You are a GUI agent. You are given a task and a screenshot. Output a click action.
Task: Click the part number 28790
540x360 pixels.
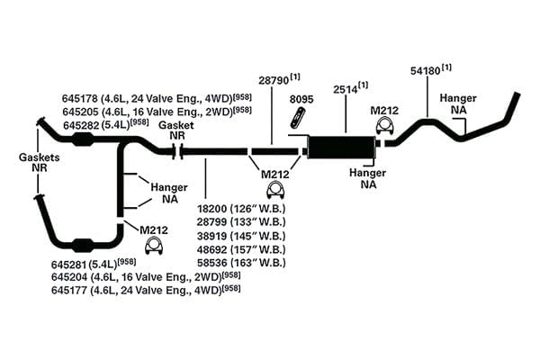point(274,81)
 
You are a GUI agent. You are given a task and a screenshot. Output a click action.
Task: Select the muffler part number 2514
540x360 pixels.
point(345,89)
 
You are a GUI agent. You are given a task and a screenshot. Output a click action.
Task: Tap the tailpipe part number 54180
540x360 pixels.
point(426,71)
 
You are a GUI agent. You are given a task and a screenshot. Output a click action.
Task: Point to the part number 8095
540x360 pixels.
point(301,99)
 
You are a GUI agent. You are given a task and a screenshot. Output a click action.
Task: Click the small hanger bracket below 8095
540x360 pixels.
point(299,116)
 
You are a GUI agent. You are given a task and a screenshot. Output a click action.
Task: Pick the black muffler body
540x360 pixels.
point(340,147)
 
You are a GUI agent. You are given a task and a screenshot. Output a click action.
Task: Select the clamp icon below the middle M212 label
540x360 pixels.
point(275,191)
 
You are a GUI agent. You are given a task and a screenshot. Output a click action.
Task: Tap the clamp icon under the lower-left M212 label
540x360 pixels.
point(154,246)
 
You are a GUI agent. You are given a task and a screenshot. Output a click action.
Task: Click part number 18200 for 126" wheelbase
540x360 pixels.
point(211,209)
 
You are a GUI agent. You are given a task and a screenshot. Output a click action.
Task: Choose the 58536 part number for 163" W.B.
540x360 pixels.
point(212,263)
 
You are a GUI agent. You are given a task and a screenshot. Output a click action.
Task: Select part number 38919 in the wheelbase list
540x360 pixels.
point(212,236)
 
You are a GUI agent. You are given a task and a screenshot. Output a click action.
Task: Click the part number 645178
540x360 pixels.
point(80,98)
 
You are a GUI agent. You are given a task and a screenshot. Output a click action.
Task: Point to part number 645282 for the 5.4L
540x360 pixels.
point(81,125)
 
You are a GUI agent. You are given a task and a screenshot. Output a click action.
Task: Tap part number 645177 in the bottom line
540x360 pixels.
point(69,291)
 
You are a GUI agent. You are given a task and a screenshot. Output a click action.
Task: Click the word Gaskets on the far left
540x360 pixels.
point(40,157)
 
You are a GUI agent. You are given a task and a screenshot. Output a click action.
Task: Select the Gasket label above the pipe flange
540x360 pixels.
point(176,125)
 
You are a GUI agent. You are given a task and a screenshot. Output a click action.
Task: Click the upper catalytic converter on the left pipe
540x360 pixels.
point(83,140)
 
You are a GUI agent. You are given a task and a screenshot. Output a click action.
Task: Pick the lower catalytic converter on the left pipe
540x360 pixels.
point(83,244)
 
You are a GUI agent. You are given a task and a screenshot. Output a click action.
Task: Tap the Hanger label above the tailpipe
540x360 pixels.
point(458,98)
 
